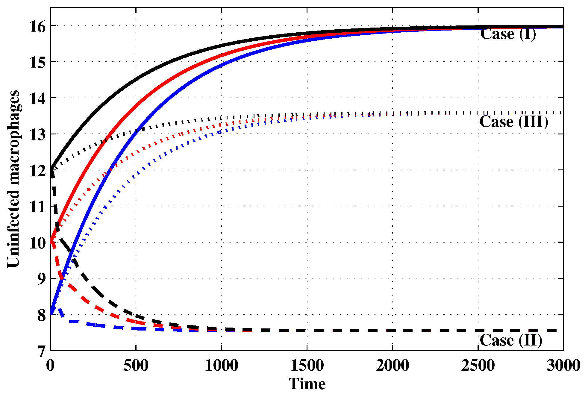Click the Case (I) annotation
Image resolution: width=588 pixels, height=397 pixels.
[508, 34]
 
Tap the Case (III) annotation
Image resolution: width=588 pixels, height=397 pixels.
[514, 122]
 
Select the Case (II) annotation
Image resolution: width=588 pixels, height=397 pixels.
[511, 340]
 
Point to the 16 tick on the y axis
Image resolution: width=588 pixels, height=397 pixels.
[37, 27]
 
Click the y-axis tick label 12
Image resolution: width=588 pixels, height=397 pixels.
[37, 171]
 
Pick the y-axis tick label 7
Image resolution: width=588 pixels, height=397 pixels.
[41, 351]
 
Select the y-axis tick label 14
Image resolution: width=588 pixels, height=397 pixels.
[37, 99]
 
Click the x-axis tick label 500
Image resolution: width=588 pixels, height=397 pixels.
[136, 366]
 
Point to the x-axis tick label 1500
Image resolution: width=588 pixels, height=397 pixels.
[307, 366]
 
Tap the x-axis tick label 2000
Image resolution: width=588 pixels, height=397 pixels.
[392, 366]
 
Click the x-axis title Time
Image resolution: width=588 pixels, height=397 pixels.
[307, 384]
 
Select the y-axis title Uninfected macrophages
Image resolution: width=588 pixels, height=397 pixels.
[13, 179]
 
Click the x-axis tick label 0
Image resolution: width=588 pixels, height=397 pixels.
[50, 366]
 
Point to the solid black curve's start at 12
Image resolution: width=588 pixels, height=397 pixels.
[51, 169]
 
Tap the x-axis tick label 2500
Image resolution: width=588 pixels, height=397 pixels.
[478, 366]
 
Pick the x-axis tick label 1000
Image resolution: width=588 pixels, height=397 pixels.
[222, 366]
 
